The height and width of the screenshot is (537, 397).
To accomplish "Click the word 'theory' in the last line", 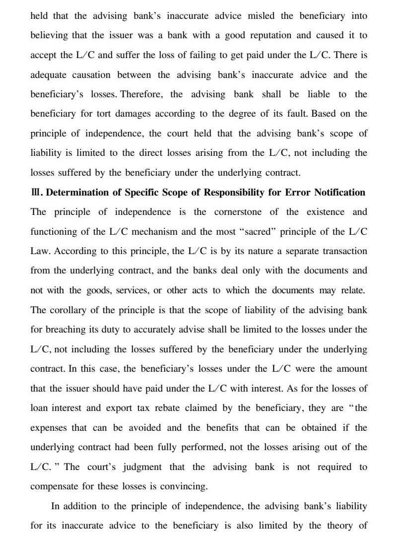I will point(353,526).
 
